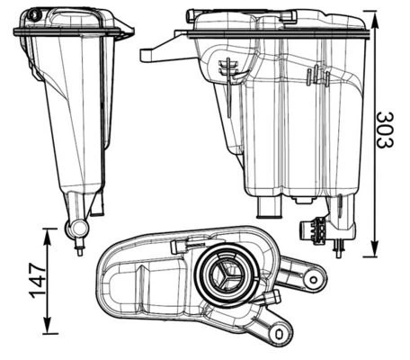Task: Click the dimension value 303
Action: point(386,130)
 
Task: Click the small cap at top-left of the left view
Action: point(35,15)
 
